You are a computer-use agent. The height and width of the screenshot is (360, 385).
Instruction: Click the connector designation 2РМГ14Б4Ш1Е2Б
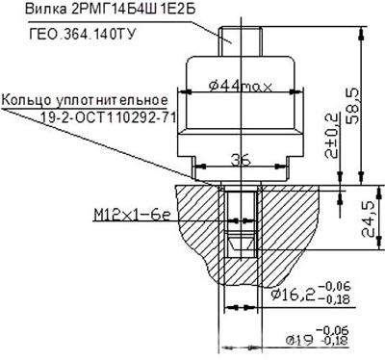click(133, 10)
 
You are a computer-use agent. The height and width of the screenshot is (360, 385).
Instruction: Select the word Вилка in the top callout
click(45, 9)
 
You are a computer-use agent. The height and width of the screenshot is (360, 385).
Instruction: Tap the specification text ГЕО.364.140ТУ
click(81, 34)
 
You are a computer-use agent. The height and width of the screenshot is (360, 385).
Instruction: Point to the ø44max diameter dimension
click(241, 86)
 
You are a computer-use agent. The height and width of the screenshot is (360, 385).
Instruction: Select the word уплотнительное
click(112, 100)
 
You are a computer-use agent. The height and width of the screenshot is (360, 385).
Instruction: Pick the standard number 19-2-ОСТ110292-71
click(109, 117)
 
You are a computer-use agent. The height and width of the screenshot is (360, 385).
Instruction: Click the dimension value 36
click(242, 160)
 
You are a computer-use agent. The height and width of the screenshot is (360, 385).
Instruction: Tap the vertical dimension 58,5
click(352, 106)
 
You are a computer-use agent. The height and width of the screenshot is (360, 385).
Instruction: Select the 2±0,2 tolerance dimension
click(331, 135)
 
